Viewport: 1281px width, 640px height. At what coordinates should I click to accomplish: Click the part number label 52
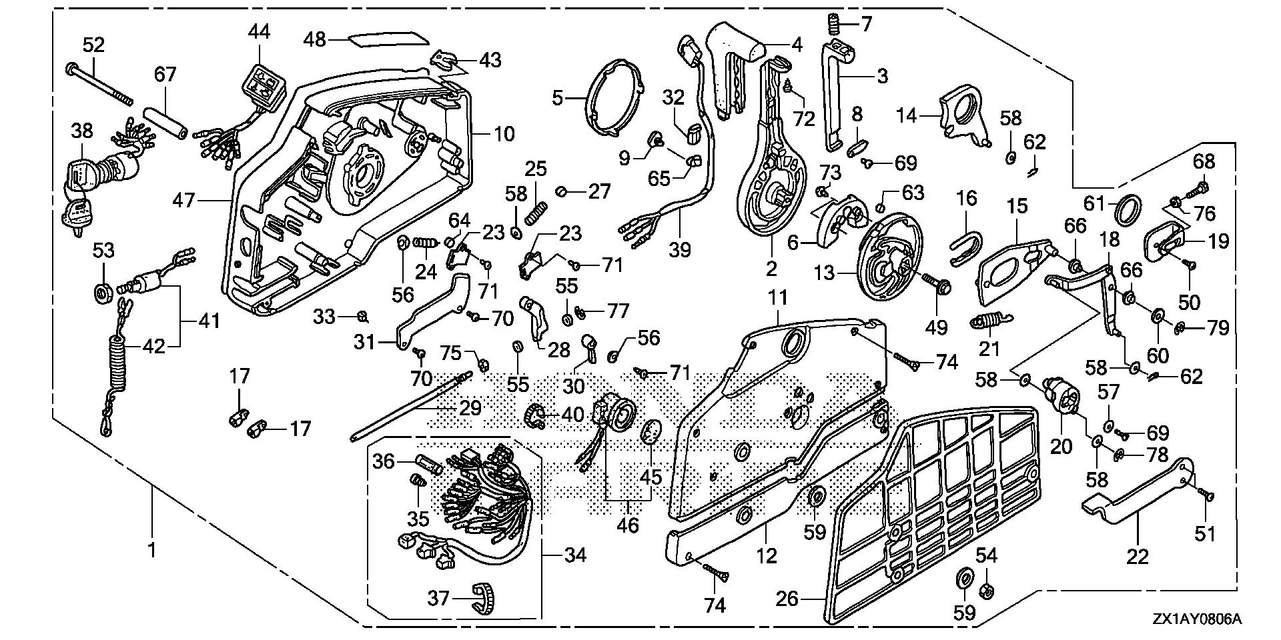tap(94, 45)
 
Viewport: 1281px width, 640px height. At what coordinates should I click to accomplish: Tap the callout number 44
tap(260, 31)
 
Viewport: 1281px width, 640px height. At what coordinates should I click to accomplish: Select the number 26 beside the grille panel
tap(787, 599)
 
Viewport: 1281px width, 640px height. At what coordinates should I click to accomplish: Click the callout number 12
tap(767, 555)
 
